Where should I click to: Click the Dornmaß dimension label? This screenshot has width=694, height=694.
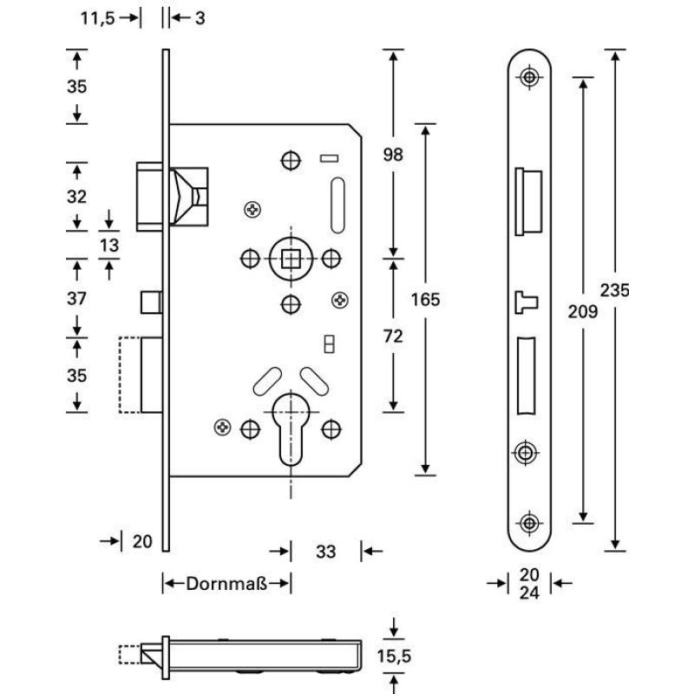click(x=226, y=583)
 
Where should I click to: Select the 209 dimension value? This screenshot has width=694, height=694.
click(x=585, y=311)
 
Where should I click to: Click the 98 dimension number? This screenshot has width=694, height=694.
click(x=393, y=155)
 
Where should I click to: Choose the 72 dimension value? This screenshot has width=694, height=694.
click(x=393, y=337)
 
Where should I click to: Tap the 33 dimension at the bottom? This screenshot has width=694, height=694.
click(x=325, y=551)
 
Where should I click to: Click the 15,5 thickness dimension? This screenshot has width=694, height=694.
click(x=394, y=657)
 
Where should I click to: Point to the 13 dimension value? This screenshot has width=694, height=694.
click(x=109, y=246)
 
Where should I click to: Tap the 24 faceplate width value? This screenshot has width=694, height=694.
click(x=529, y=593)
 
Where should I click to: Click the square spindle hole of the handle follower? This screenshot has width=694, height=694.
click(x=291, y=258)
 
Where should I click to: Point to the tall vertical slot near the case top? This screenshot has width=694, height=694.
click(x=337, y=205)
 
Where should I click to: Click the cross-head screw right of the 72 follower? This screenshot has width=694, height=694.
click(x=339, y=300)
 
